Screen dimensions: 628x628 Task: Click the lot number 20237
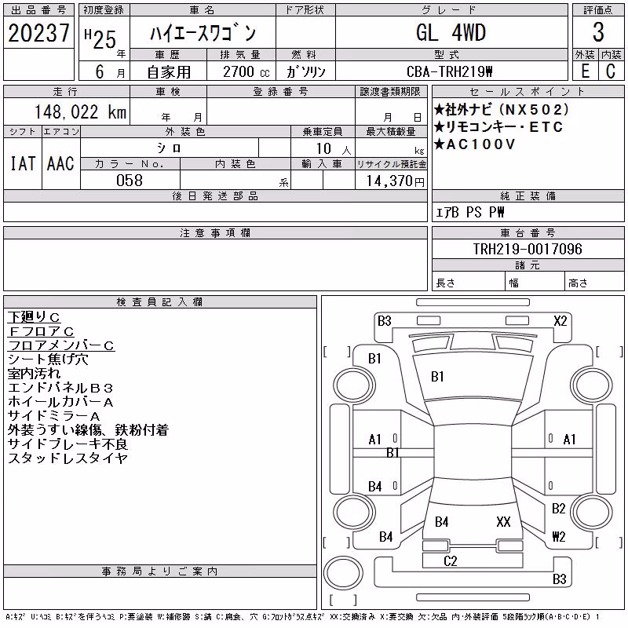tap(38, 33)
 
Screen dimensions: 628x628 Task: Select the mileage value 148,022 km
tap(81, 112)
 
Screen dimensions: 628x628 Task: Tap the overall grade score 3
tap(598, 32)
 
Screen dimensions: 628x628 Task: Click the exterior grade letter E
tap(585, 71)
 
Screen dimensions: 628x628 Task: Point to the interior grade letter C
tap(611, 71)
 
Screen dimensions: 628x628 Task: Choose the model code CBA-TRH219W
tap(449, 71)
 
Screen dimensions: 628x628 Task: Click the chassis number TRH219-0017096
tap(528, 249)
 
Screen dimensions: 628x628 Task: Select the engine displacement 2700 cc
tap(246, 72)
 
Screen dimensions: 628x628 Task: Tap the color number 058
tap(130, 181)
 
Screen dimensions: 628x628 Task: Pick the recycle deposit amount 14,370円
tap(396, 181)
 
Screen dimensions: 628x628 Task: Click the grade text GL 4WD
tap(451, 32)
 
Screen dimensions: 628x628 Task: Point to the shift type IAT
tap(23, 163)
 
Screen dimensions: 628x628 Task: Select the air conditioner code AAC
tap(60, 163)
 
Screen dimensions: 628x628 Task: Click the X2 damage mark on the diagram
tap(560, 321)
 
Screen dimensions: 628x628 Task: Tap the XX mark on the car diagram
tap(503, 521)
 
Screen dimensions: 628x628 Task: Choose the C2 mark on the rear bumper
tap(450, 561)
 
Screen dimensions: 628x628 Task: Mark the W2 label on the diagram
tap(559, 536)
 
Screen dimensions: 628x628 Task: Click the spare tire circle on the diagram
tap(343, 573)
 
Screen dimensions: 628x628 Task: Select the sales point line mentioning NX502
tap(501, 109)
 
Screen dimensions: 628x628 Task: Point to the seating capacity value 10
tap(323, 148)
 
